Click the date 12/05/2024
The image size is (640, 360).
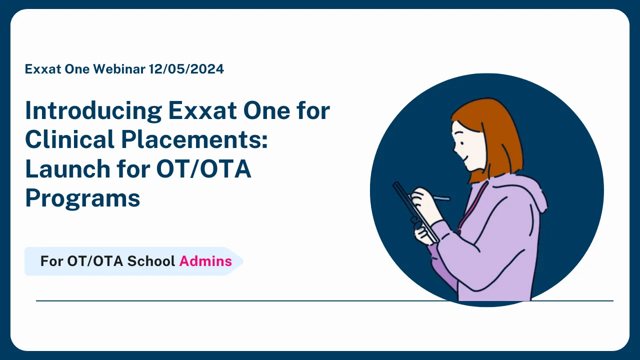point(186,69)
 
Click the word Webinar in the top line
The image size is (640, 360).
point(119,69)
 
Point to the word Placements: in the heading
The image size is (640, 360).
point(195,139)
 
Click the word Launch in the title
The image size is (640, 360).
point(60,169)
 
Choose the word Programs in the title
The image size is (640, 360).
point(82,198)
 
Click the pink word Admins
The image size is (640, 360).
point(205,261)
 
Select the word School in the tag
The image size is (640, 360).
point(151,261)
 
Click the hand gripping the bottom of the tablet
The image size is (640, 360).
point(423,231)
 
